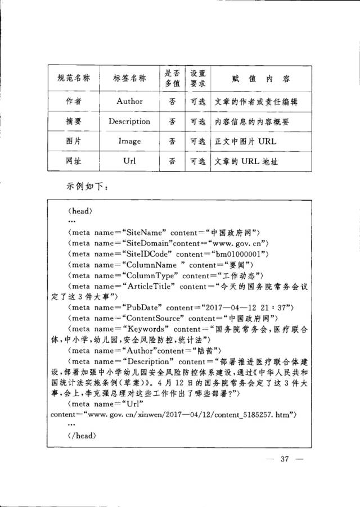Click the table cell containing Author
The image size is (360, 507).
129,102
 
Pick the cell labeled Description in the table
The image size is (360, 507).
129,121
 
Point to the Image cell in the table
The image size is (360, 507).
129,141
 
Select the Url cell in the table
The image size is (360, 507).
129,161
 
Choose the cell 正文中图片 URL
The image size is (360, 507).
246,141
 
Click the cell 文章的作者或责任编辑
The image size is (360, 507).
256,102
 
